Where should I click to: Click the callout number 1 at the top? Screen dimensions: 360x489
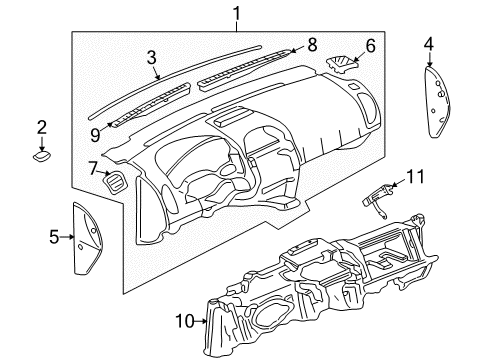pyautogui.click(x=236, y=13)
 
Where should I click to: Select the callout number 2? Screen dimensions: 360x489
pyautogui.click(x=42, y=126)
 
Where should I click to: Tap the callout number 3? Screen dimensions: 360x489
pyautogui.click(x=152, y=59)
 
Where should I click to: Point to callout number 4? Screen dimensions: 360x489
pyautogui.click(x=428, y=43)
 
